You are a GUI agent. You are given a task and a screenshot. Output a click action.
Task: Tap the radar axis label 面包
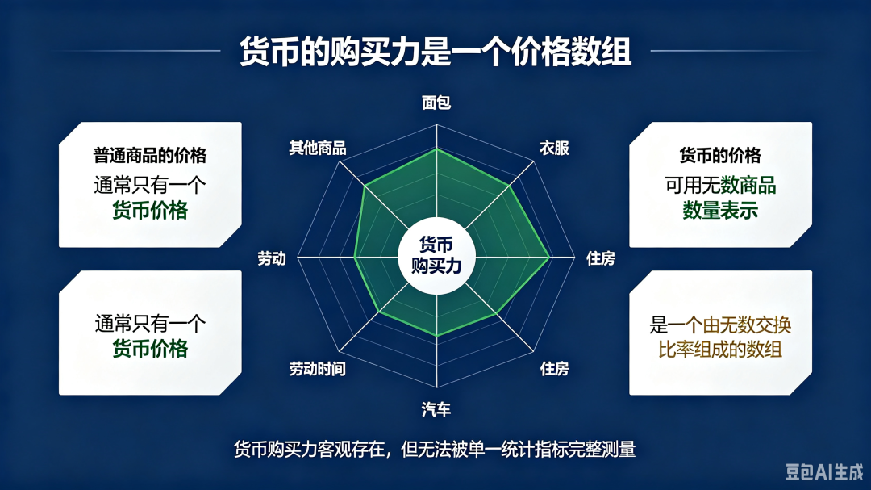tap(436, 103)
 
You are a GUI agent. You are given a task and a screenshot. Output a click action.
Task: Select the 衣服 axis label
tap(554, 148)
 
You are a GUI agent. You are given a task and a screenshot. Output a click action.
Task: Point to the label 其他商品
tap(317, 148)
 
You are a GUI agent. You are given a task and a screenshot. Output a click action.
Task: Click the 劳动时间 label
tap(317, 369)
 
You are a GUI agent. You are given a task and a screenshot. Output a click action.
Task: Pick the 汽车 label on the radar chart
tap(436, 410)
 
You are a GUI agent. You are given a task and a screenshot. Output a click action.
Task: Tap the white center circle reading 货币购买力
tap(436, 256)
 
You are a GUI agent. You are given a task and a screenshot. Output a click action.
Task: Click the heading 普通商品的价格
tap(150, 155)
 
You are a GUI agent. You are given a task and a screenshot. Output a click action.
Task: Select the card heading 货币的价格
tap(720, 155)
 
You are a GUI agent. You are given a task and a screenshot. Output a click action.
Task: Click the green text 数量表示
tap(720, 211)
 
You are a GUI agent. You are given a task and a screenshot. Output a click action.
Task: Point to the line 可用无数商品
tap(720, 185)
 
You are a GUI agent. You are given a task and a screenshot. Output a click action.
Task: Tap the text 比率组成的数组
tap(720, 350)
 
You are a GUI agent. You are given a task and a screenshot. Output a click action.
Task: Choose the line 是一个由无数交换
tap(720, 325)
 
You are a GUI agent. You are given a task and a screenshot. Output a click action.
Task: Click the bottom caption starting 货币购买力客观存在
tap(435, 449)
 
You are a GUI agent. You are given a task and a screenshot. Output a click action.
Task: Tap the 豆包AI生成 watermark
tap(824, 472)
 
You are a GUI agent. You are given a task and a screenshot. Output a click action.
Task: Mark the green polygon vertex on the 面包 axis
tap(436, 149)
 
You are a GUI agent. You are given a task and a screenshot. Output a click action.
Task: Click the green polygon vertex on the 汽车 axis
tap(436, 335)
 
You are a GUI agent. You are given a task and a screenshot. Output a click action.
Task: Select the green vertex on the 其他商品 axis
tap(365, 186)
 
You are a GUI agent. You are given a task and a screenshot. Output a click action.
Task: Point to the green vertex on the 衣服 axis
tap(509, 186)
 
